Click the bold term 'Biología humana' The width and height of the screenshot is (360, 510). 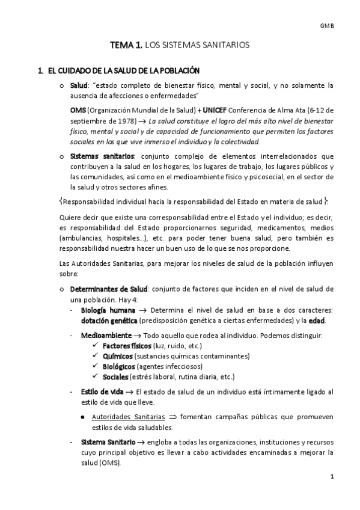coord(103,310)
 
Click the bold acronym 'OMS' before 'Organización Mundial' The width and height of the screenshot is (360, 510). coord(78,111)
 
